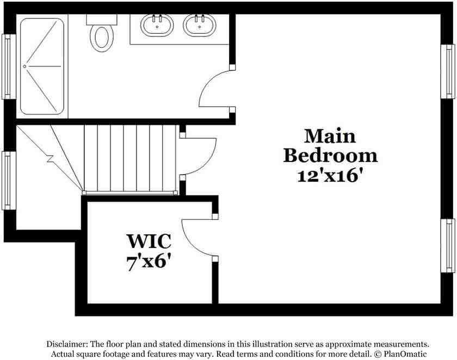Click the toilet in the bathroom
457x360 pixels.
pos(102,38)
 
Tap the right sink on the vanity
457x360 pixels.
pos(199,25)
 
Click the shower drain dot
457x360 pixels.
pos(24,66)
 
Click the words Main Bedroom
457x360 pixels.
pos(330,146)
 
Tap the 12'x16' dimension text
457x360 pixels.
pos(330,176)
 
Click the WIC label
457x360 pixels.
pos(149,240)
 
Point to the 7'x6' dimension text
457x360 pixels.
pos(149,262)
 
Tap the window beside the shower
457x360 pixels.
pos(8,66)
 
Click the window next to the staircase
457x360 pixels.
pos(8,180)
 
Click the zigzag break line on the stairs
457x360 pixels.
pos(50,159)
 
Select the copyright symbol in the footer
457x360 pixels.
pos(377,354)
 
